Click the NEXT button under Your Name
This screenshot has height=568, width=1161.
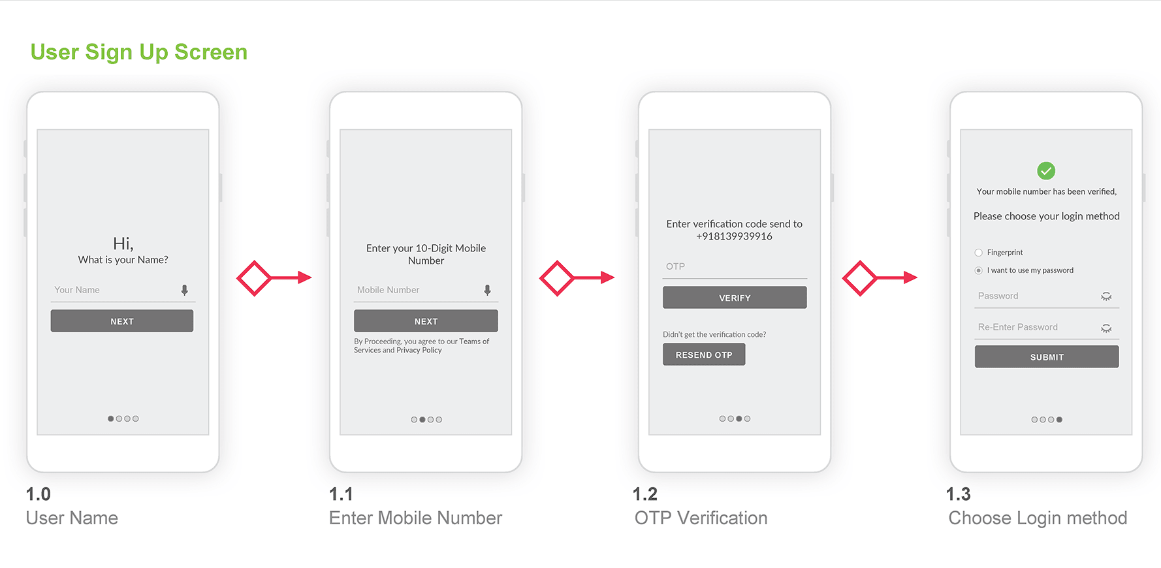coord(122,321)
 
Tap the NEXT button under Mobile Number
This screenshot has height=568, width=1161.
coord(426,321)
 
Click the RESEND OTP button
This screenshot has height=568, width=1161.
coord(704,355)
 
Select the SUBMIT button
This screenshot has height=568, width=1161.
coord(1047,356)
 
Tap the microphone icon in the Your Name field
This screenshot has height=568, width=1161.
coord(185,290)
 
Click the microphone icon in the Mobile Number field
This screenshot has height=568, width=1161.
coord(487,290)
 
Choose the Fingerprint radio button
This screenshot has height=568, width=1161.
coord(978,253)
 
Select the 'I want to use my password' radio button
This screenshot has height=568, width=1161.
coord(978,270)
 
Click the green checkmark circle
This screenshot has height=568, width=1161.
coord(1046,171)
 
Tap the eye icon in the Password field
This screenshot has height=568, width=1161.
coord(1106,296)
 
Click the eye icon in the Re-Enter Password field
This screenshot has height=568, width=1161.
coord(1106,328)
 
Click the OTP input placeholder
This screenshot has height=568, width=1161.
coord(675,266)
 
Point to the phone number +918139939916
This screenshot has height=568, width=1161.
coord(734,236)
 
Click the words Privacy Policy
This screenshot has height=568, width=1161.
coord(419,351)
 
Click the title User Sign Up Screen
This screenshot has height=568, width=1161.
coord(139,52)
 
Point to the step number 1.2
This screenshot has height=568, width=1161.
coord(645,494)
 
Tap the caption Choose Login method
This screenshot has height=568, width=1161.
coord(1038,518)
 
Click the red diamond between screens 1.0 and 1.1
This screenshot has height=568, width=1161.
coord(254,278)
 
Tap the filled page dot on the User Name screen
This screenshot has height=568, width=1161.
coord(111,418)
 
